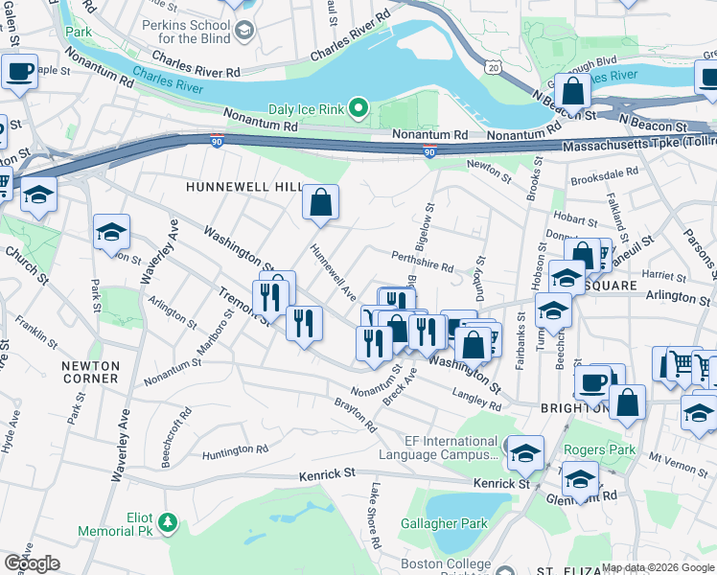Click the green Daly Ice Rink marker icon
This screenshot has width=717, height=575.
pyautogui.click(x=359, y=107)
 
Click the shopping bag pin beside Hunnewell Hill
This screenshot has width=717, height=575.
pyautogui.click(x=321, y=203)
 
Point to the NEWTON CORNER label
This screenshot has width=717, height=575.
pyautogui.click(x=90, y=372)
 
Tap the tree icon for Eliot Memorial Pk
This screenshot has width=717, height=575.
pyautogui.click(x=169, y=522)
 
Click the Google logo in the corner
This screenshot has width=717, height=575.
pyautogui.click(x=32, y=563)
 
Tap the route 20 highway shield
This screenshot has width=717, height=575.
pyautogui.click(x=493, y=66)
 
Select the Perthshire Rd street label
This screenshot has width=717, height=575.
pyautogui.click(x=422, y=262)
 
